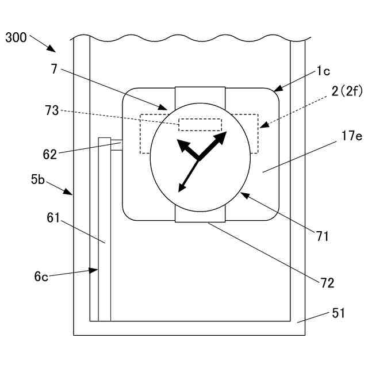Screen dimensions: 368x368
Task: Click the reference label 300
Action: [x=16, y=38]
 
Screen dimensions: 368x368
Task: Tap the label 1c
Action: [x=323, y=72]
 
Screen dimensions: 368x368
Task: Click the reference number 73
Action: [x=52, y=110]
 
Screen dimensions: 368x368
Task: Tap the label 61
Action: [x=54, y=218]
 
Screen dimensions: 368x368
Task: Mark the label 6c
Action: [x=41, y=276]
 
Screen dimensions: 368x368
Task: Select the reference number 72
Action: [x=328, y=282]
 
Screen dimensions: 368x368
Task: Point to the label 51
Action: [x=339, y=313]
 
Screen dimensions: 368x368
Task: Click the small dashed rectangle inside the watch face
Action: [x=200, y=125]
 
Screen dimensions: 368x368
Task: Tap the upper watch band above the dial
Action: [x=200, y=94]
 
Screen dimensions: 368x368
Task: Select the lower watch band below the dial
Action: [x=200, y=214]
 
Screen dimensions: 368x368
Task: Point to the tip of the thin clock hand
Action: [x=179, y=190]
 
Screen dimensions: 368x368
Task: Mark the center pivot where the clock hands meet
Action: [x=199, y=159]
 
